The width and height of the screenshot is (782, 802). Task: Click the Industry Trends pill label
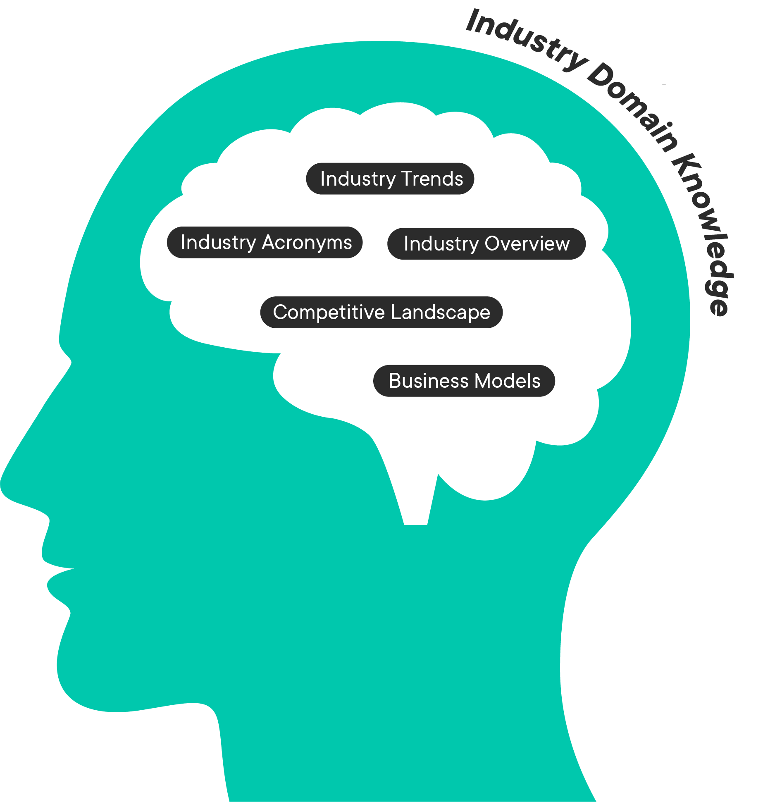coord(390,179)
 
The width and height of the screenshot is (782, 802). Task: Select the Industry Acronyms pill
coord(265,243)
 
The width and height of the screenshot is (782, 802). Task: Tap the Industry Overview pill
coord(486,244)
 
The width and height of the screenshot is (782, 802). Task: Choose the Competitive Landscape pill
coord(381,313)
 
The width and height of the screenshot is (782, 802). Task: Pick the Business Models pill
coord(464,381)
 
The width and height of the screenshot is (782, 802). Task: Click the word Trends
coord(432,179)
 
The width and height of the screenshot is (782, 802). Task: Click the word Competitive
coord(329,313)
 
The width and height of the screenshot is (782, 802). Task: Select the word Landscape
coord(440,313)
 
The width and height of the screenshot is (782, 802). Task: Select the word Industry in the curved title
coord(525,41)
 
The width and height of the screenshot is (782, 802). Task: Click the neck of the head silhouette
coord(393,744)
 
